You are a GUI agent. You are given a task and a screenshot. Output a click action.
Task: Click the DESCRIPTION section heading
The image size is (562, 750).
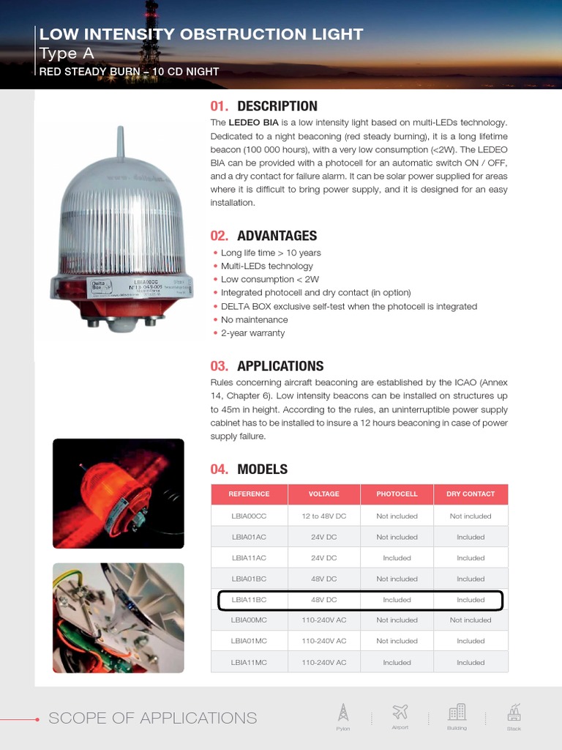pos(277,106)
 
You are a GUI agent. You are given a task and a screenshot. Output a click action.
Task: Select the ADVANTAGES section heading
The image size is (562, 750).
pos(277,236)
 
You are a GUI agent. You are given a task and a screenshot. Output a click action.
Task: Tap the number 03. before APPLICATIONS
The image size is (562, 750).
pos(220,366)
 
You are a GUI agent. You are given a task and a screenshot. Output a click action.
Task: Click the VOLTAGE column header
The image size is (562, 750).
pos(323,494)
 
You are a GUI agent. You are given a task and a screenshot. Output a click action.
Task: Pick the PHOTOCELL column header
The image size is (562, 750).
pos(397,494)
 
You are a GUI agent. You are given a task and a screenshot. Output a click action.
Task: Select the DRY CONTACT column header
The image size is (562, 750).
pos(471,494)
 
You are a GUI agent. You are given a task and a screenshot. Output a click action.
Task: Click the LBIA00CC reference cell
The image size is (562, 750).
pos(249,516)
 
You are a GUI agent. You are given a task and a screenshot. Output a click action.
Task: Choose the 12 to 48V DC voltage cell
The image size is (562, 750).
pos(323,516)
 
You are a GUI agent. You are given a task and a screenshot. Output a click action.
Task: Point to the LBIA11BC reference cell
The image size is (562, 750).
pos(249,600)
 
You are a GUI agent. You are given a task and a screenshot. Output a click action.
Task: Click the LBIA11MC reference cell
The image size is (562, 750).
pos(249,663)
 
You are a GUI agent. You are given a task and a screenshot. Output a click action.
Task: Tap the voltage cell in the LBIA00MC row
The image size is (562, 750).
pos(323,620)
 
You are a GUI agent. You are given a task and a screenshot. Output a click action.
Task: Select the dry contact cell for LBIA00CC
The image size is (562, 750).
pos(471,516)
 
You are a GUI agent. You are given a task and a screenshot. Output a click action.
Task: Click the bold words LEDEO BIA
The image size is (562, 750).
pos(253,123)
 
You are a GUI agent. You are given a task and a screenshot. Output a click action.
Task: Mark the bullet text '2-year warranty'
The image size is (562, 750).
pos(252,333)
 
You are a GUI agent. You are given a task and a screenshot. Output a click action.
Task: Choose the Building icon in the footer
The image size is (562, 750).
pos(457,712)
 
